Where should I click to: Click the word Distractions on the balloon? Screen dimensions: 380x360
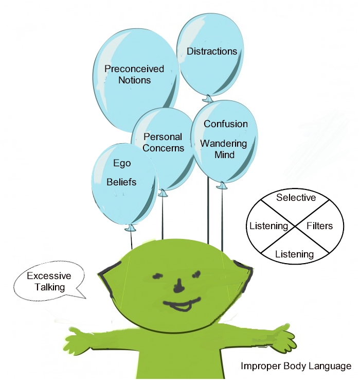(x=212, y=51)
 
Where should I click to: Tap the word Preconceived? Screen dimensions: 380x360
(x=134, y=69)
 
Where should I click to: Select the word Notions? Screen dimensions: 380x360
(x=134, y=80)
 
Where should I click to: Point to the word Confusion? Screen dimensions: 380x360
(x=226, y=124)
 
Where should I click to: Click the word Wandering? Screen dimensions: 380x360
(x=224, y=143)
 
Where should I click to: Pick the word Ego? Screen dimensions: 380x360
(x=122, y=164)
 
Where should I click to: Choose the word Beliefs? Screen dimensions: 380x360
(x=122, y=182)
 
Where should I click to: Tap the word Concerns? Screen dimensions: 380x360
(x=163, y=148)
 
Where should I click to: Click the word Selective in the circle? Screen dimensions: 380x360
(x=296, y=198)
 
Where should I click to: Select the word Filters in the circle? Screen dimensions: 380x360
(x=319, y=226)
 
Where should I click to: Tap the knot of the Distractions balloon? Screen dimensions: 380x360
(x=207, y=97)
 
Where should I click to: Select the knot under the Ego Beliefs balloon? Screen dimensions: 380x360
(x=130, y=227)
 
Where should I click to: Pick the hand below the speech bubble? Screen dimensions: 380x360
(x=78, y=341)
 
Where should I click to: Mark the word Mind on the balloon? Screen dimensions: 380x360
(x=224, y=154)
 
